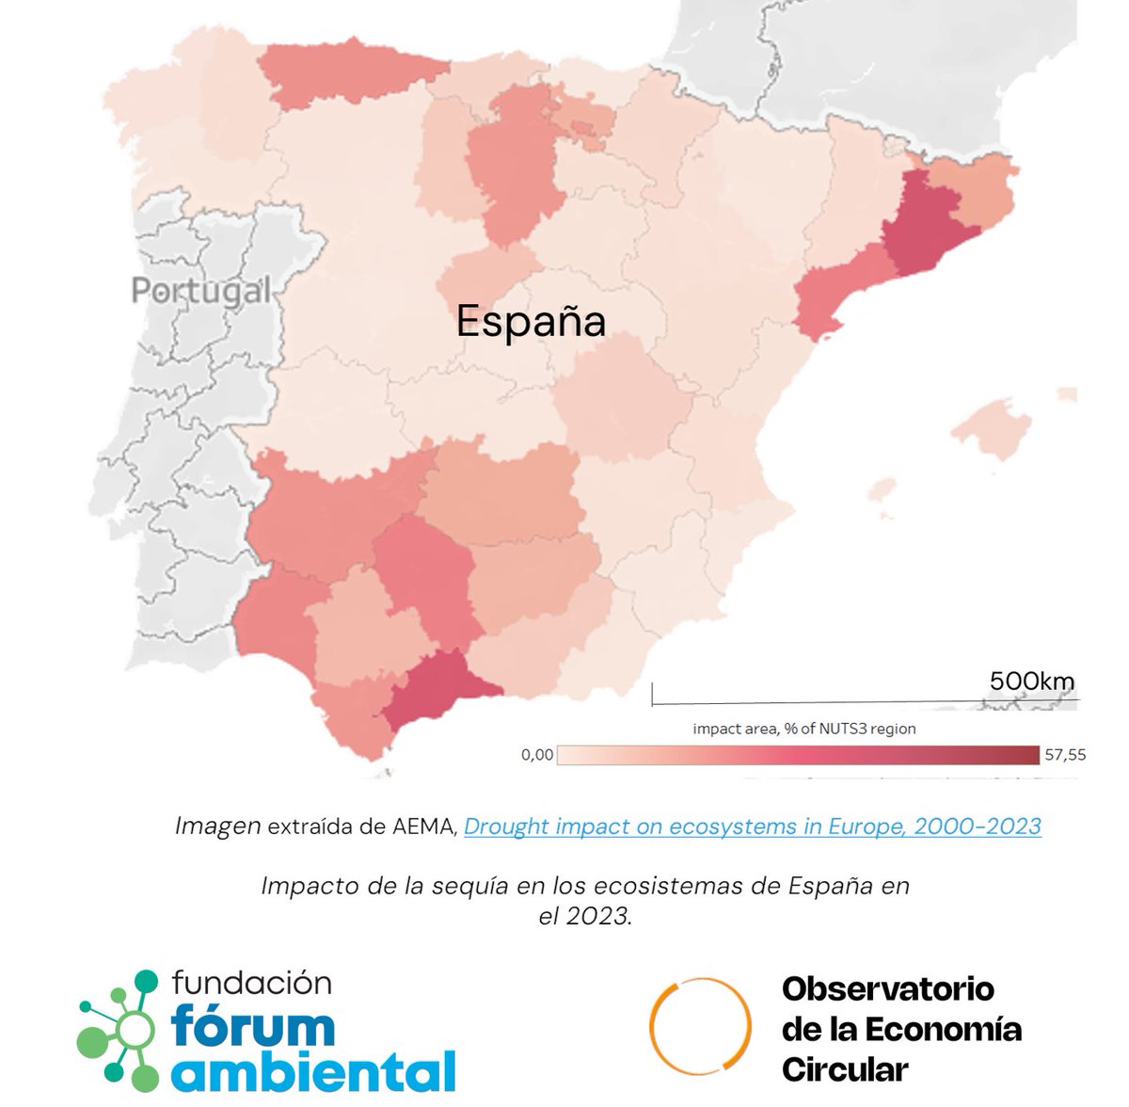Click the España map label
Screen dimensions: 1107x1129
[531, 322]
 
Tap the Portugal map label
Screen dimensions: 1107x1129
[200, 290]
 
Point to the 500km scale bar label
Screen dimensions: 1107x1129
[1031, 681]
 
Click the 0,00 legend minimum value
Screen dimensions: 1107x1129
[536, 755]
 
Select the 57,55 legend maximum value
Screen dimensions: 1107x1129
[1065, 755]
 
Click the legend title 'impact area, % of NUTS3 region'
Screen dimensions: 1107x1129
[803, 729]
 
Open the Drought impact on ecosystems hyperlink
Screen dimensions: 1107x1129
[753, 826]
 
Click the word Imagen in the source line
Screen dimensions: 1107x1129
[218, 826]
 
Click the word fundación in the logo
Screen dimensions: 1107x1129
[252, 984]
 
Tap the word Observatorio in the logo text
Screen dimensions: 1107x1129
[887, 989]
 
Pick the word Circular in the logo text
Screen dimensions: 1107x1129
[844, 1069]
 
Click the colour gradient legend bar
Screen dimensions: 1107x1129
[799, 755]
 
